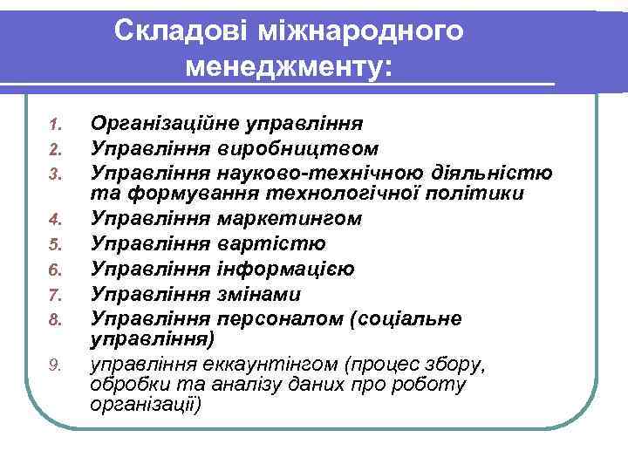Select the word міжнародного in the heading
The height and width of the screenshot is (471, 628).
(361, 31)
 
